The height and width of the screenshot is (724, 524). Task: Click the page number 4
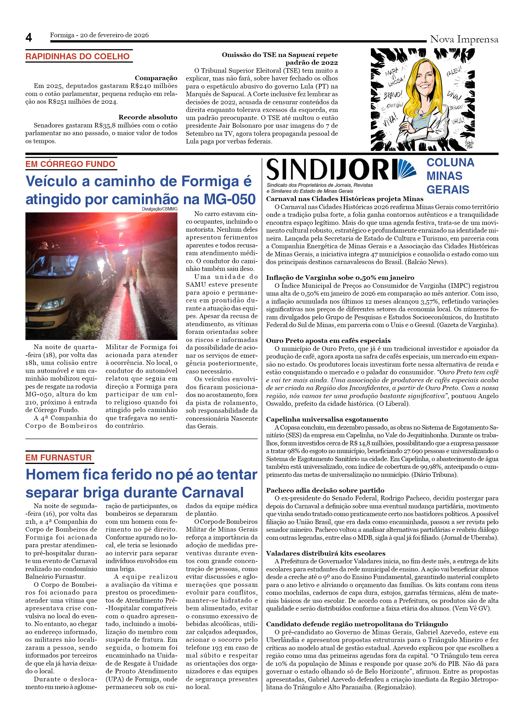click(x=29, y=38)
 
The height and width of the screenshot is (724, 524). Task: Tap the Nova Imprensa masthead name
click(x=464, y=39)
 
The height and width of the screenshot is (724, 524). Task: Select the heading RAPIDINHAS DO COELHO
click(x=78, y=56)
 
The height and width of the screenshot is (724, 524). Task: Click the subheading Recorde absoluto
click(x=148, y=117)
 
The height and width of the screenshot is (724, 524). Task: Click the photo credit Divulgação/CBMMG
click(x=159, y=209)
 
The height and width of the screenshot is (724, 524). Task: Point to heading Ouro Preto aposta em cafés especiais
click(x=328, y=341)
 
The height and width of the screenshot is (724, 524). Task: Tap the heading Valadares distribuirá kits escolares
click(x=326, y=553)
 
